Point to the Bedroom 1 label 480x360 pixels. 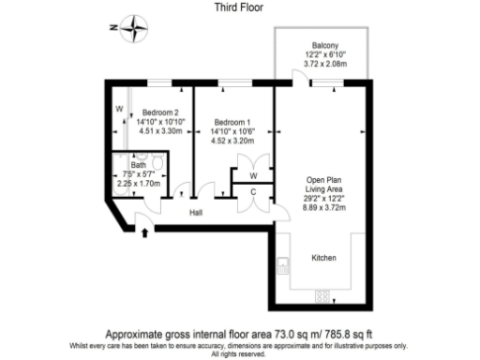point(232,122)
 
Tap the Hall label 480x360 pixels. point(198,213)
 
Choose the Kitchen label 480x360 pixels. point(324,257)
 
